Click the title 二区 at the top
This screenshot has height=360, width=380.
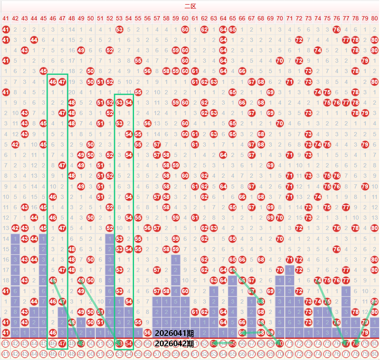(x=190, y=6)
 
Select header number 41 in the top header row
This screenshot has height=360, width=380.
(x=5, y=18)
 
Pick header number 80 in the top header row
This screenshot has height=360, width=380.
(x=375, y=18)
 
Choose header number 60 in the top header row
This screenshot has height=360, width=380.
(x=185, y=18)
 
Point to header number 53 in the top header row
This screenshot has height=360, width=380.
(x=119, y=18)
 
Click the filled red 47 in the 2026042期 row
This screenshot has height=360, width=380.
(x=62, y=343)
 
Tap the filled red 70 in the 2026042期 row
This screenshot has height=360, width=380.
(x=280, y=343)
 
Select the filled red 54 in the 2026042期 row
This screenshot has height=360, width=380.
(x=129, y=343)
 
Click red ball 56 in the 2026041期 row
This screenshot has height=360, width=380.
(x=148, y=333)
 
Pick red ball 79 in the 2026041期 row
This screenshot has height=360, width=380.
(x=365, y=333)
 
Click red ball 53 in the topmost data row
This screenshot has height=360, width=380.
(x=119, y=29)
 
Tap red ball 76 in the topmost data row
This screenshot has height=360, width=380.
(x=336, y=29)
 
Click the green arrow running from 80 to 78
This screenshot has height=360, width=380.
(x=365, y=322)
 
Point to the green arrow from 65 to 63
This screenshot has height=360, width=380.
(x=224, y=343)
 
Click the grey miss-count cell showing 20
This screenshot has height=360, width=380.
(x=72, y=92)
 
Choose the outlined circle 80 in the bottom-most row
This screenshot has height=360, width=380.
(x=375, y=354)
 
